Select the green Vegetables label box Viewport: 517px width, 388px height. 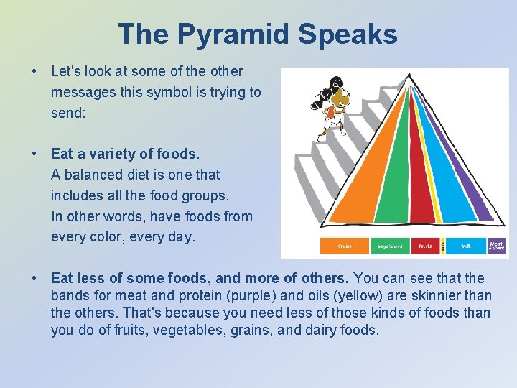[391, 246]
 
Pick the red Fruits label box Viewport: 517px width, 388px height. [425, 246]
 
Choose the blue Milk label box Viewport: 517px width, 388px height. [466, 246]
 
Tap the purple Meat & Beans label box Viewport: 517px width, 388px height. [497, 246]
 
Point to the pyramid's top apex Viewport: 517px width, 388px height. [409, 75]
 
